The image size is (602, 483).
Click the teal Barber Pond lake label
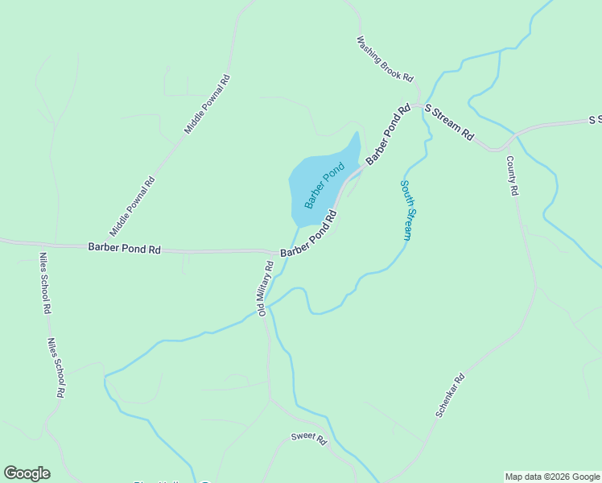(324, 185)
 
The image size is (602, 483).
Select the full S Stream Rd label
(449, 123)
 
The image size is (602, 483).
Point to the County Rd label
(513, 176)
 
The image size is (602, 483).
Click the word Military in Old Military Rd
(264, 292)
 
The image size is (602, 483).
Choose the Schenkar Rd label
(450, 394)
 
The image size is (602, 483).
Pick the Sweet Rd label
(309, 440)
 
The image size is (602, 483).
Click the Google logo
(27, 473)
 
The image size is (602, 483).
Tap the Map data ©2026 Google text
(552, 477)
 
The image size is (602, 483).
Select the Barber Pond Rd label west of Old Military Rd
(125, 250)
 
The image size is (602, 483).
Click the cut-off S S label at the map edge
(596, 120)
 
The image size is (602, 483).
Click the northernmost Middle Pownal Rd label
(208, 104)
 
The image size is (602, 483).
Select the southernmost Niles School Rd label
(56, 369)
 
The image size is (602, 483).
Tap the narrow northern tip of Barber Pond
(357, 137)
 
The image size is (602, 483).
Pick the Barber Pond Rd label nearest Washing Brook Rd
(389, 134)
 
